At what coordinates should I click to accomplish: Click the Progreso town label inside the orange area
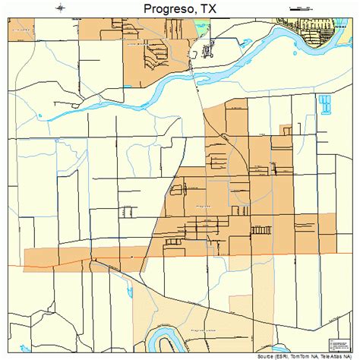tap(203, 206)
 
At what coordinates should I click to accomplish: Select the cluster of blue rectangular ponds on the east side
tap(325, 104)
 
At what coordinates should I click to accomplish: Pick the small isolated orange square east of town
tap(286, 130)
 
